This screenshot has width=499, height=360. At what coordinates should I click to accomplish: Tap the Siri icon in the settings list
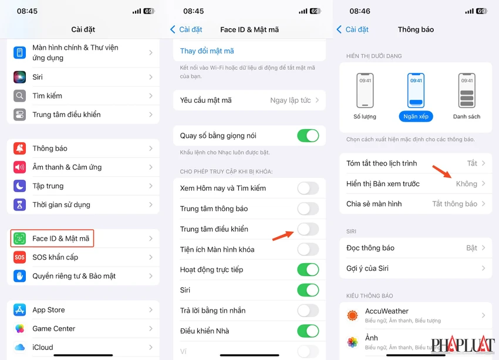19,77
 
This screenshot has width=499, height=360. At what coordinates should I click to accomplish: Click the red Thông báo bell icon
19,149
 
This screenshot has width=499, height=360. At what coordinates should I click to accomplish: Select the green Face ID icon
19,238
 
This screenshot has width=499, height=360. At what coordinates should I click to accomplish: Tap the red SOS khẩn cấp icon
19,257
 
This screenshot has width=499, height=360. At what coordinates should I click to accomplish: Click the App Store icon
19,309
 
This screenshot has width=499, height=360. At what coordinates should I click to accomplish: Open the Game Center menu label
54,328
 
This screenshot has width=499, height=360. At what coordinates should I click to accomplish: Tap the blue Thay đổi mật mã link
207,51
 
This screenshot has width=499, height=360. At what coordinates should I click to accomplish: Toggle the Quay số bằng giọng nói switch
308,136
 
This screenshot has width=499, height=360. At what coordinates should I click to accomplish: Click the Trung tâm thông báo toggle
308,209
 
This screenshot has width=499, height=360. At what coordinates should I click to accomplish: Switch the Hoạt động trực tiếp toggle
308,270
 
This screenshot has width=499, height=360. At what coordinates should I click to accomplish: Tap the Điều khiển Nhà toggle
308,331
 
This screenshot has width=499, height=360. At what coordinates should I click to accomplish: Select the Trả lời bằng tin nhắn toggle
308,311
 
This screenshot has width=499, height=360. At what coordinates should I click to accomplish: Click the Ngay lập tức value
290,100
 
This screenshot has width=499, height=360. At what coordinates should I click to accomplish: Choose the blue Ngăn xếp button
416,116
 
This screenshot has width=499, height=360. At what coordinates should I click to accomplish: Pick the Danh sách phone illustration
467,90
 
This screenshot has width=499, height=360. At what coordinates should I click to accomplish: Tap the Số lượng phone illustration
365,90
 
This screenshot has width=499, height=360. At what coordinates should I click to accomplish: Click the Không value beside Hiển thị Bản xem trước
467,184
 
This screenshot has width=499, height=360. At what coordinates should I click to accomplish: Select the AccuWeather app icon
352,315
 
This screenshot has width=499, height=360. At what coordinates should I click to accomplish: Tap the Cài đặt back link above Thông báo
353,29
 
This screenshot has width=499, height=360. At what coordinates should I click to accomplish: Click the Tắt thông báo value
455,204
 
